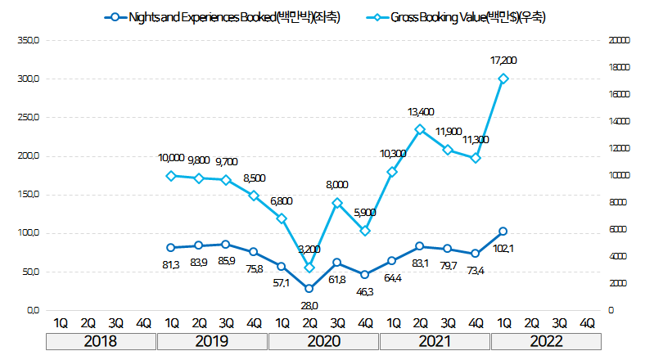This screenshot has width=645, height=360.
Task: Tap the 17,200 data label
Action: pyautogui.click(x=504, y=61)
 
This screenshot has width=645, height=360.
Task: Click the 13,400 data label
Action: pyautogui.click(x=421, y=111)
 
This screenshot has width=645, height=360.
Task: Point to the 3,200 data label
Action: pyautogui.click(x=309, y=250)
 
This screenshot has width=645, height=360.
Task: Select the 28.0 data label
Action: pyautogui.click(x=309, y=304)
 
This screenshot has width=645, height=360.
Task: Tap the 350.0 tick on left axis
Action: pyautogui.click(x=27, y=40)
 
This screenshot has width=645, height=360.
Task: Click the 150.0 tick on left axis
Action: pyautogui.click(x=27, y=195)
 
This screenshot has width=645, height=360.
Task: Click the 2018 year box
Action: pyautogui.click(x=101, y=341)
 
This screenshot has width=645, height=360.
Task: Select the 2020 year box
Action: pyautogui.click(x=323, y=341)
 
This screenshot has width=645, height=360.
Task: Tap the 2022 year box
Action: pyautogui.click(x=544, y=341)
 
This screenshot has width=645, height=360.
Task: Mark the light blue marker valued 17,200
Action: pyautogui.click(x=503, y=79)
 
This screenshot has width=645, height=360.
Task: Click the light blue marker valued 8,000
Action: pyautogui.click(x=336, y=203)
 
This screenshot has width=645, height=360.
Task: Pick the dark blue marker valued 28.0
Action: pyautogui.click(x=309, y=288)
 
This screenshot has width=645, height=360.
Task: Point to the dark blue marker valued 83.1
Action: pyautogui.click(x=420, y=246)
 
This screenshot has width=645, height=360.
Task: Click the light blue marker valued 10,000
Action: pyautogui.click(x=170, y=176)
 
